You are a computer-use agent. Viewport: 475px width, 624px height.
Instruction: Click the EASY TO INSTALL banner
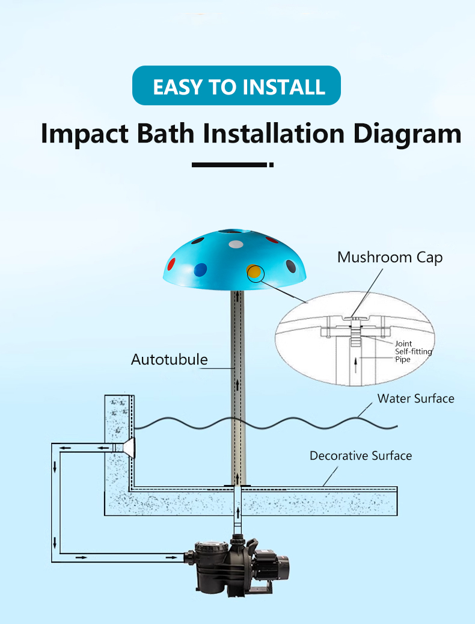click(236, 85)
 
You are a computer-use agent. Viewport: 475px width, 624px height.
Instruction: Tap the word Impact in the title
click(85, 134)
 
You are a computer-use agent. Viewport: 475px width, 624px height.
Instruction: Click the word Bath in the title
click(165, 133)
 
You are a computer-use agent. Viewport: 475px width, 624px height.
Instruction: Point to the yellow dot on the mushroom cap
click(254, 272)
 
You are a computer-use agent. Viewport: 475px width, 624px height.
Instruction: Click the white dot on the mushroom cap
click(236, 244)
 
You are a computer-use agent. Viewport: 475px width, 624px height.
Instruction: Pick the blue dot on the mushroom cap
click(200, 270)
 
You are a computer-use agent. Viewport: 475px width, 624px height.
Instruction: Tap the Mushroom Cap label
click(390, 258)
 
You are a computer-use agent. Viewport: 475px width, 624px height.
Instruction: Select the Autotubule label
click(170, 359)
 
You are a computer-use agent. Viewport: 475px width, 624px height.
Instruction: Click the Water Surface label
click(415, 398)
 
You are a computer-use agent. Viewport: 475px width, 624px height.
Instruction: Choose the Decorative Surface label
click(361, 456)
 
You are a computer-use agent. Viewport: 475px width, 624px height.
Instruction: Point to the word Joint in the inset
click(403, 344)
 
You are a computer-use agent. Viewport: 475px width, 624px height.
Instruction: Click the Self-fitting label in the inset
click(414, 352)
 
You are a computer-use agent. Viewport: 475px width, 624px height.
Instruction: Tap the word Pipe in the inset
click(403, 360)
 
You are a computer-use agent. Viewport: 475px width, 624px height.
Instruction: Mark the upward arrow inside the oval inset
click(355, 365)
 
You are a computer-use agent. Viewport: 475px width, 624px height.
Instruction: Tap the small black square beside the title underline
click(272, 165)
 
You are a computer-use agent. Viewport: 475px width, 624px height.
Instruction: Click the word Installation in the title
click(274, 133)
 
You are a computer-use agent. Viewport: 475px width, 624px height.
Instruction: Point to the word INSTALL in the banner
click(284, 87)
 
